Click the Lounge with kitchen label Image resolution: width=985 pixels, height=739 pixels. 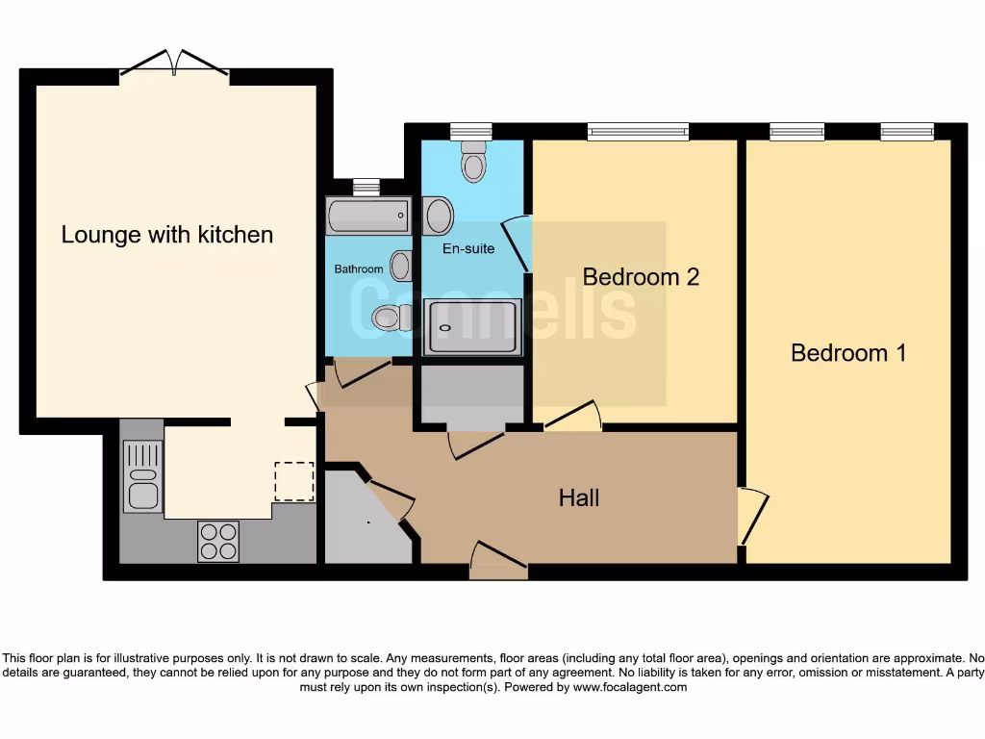tap(167, 235)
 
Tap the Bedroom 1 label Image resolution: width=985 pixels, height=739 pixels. tap(848, 352)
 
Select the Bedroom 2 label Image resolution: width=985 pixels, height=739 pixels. tap(641, 277)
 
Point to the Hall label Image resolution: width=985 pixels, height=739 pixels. tap(578, 497)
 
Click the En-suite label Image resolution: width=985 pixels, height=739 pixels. tap(468, 249)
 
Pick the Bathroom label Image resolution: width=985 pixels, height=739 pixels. tap(358, 269)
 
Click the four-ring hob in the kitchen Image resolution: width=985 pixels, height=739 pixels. tap(218, 541)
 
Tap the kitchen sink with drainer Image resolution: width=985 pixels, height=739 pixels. tap(143, 474)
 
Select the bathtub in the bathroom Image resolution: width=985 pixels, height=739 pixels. tap(368, 216)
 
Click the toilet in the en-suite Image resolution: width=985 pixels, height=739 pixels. tap(473, 161)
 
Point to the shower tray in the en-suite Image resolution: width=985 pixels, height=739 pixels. tap(472, 327)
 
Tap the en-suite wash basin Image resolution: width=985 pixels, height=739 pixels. tap(439, 216)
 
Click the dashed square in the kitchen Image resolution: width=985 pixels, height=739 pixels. tap(294, 481)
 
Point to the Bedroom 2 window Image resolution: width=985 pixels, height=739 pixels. tap(639, 131)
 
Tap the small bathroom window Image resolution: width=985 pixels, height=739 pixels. tap(366, 187)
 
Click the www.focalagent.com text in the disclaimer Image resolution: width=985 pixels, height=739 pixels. tap(629, 687)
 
